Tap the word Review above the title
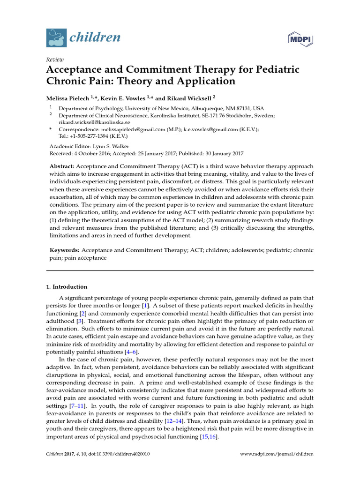55,60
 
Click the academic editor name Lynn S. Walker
108,146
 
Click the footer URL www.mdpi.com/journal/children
276,454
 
